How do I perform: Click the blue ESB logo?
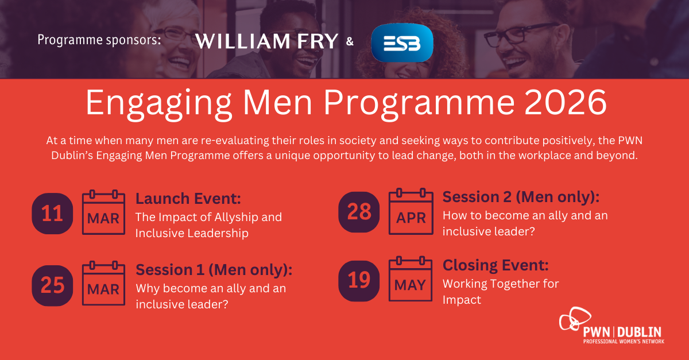tap(402, 42)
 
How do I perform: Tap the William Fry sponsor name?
tap(266, 41)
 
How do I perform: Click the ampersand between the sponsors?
tap(350, 41)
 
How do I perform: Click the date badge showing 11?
tap(52, 214)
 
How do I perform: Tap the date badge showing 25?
tap(52, 285)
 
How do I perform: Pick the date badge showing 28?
tap(359, 212)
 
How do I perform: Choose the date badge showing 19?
tap(359, 281)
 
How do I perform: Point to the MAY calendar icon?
tap(411, 279)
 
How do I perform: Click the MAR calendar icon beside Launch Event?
tap(103, 212)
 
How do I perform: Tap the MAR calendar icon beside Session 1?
tap(103, 283)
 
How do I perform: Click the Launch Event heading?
tap(188, 199)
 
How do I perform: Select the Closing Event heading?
tap(496, 265)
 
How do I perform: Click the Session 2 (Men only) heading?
tap(521, 197)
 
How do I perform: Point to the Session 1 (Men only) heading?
tap(214, 270)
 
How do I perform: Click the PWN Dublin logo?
tap(611, 326)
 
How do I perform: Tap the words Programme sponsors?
tap(99, 40)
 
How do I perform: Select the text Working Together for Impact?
tap(501, 292)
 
